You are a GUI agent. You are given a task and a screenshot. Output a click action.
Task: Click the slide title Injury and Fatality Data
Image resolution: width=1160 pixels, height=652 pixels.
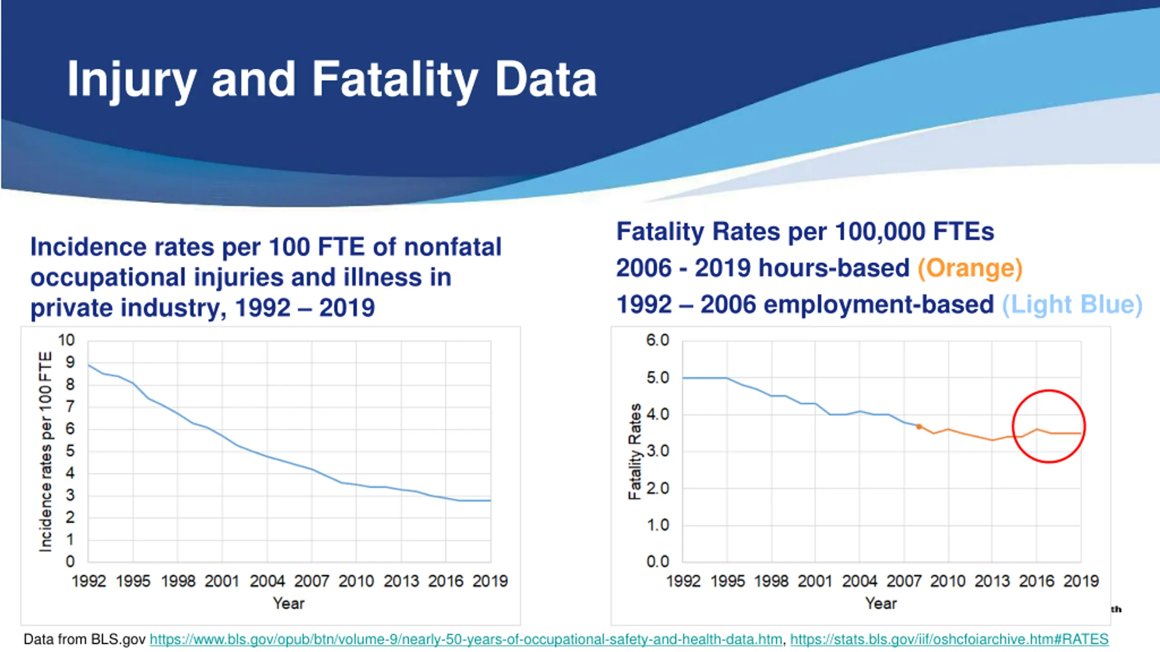332,80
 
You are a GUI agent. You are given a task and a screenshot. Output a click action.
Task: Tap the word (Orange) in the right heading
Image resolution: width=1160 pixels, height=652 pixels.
970,268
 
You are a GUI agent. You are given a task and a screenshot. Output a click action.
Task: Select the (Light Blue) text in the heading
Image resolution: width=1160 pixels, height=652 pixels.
1072,304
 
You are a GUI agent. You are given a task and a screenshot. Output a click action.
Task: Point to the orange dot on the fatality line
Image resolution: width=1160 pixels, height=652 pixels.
919,427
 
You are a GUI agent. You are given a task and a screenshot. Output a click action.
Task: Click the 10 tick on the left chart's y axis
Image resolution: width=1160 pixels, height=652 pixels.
66,340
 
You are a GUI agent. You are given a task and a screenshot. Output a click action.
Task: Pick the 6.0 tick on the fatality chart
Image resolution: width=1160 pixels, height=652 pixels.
657,340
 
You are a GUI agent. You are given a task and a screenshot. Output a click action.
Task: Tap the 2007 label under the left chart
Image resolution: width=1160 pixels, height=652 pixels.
311,581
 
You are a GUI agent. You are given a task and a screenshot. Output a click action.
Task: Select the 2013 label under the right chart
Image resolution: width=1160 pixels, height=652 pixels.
992,581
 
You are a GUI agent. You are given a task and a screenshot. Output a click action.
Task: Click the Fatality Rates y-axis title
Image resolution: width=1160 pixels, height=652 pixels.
635,451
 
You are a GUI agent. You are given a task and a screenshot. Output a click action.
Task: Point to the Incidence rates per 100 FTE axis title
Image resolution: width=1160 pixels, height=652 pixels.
46,451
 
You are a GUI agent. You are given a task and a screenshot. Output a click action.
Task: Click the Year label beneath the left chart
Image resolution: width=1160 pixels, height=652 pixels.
289,604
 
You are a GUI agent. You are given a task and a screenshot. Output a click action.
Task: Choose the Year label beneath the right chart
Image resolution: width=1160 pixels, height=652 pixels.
881,604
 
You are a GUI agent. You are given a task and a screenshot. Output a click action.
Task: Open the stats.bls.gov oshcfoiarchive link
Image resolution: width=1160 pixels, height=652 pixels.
949,639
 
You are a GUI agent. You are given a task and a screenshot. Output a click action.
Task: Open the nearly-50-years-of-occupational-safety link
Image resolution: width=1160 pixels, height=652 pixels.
466,639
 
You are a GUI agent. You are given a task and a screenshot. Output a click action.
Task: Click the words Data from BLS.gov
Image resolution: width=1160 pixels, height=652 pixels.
84,639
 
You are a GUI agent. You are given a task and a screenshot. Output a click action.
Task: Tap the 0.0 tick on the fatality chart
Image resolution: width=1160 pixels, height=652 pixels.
657,562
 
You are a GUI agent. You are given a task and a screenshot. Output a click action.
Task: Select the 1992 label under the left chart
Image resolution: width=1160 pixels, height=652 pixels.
88,581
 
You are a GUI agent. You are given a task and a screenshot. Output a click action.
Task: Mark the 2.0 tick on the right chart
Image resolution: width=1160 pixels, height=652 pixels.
657,489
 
